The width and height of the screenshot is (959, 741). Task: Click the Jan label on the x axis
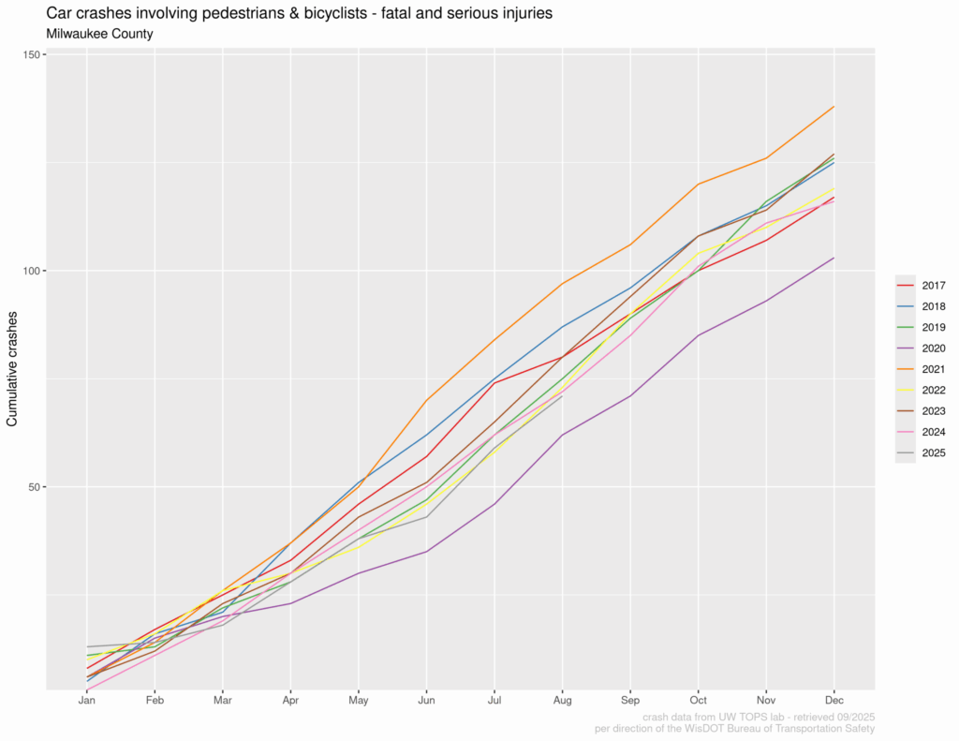[x=86, y=700]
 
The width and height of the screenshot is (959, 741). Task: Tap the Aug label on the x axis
[x=562, y=700]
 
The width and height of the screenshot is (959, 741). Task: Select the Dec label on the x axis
[x=834, y=700]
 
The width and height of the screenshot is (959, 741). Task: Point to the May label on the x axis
[x=359, y=700]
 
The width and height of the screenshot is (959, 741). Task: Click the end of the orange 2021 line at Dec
[x=834, y=107]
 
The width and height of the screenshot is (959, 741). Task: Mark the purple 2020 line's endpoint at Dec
[x=834, y=258]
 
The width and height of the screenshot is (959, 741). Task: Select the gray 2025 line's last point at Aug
[x=562, y=396]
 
